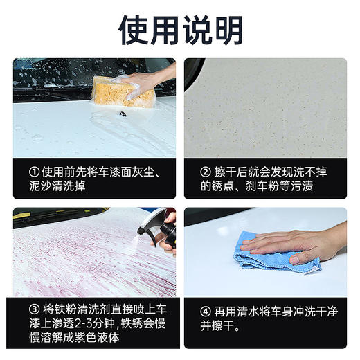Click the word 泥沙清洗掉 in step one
point(58,186)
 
